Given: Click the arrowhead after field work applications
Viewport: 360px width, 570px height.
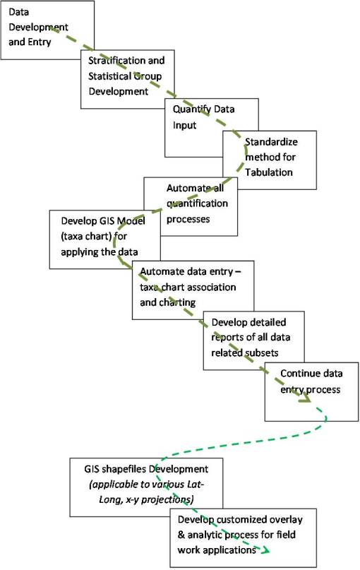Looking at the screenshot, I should coord(269,552).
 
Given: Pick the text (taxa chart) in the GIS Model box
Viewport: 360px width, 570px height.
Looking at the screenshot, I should coord(82,237).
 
